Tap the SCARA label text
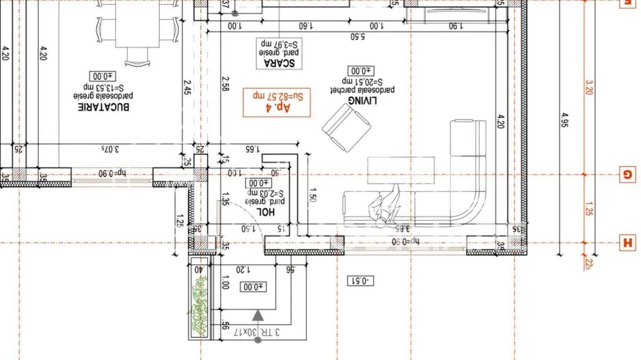pyautogui.click(x=279, y=64)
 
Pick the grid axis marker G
pyautogui.click(x=627, y=174)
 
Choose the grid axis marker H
pyautogui.click(x=627, y=242)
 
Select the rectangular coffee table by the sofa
pyautogui.click(x=400, y=170)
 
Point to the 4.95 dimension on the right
pyautogui.click(x=564, y=121)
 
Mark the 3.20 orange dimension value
pyautogui.click(x=589, y=87)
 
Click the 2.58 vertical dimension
pyautogui.click(x=225, y=84)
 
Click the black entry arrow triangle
pyautogui.click(x=258, y=315)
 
